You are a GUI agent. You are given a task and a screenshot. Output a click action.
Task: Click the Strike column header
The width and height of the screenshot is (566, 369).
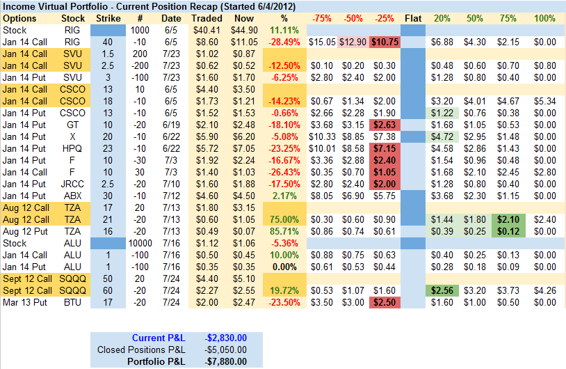(107, 18)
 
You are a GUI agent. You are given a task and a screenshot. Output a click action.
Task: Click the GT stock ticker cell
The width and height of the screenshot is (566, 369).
(73, 125)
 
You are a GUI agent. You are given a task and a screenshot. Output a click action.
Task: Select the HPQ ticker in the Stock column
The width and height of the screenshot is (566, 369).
(73, 148)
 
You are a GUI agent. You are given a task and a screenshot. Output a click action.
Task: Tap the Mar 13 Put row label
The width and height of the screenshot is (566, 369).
(25, 302)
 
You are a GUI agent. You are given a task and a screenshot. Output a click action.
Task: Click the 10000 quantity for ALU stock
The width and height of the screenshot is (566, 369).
(140, 243)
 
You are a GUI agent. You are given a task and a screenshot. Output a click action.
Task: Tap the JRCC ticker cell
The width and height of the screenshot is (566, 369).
(73, 184)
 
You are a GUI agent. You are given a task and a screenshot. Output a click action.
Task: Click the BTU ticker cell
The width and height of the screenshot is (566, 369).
(73, 302)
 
